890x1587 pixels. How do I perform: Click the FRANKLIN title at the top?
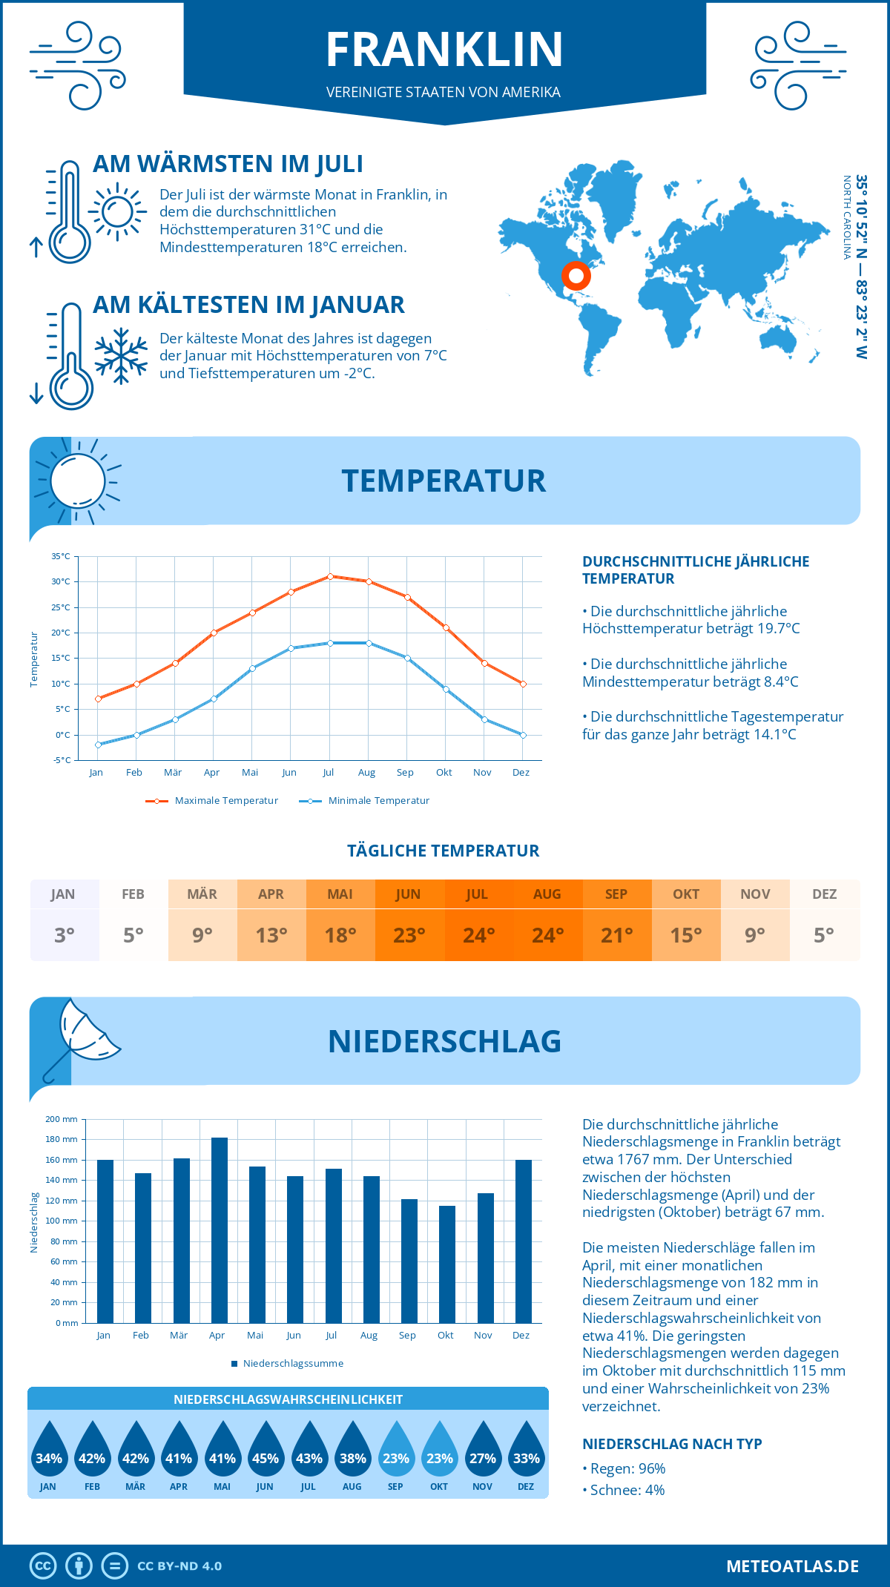point(444,50)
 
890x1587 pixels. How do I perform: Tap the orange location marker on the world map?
point(576,275)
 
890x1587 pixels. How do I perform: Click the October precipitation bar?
point(447,1264)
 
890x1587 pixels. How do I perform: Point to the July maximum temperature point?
point(330,576)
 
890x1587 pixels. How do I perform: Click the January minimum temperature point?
point(98,745)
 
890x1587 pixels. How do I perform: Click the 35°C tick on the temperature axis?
point(61,556)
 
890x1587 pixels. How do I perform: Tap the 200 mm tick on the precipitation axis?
point(62,1119)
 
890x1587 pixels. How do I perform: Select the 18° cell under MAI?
point(340,935)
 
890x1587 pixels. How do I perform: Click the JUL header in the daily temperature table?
point(478,894)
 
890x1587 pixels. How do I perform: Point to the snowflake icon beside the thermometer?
point(121,356)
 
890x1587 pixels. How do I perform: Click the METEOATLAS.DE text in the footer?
point(792,1566)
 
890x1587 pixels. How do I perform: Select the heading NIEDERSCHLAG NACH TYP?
point(672,1444)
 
